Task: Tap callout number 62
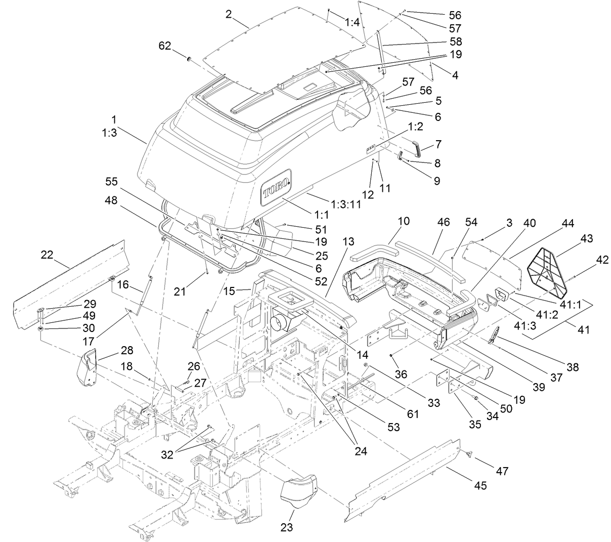click(x=165, y=46)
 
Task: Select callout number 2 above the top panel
click(x=229, y=14)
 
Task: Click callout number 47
click(x=503, y=471)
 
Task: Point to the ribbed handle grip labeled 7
click(x=417, y=149)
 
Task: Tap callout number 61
click(x=413, y=414)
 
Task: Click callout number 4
click(x=455, y=75)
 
